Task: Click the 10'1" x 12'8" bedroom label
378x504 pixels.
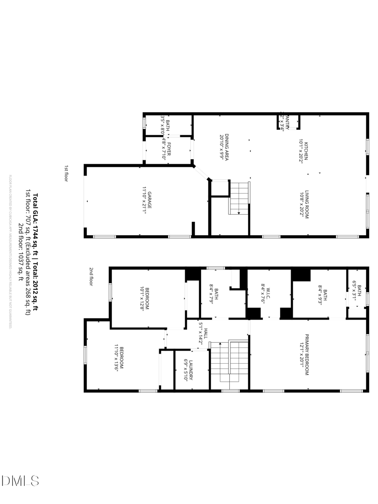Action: (x=144, y=299)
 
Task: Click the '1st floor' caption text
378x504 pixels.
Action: (x=66, y=173)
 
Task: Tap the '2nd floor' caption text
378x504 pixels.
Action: (x=91, y=277)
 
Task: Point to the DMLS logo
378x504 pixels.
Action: (x=20, y=480)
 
